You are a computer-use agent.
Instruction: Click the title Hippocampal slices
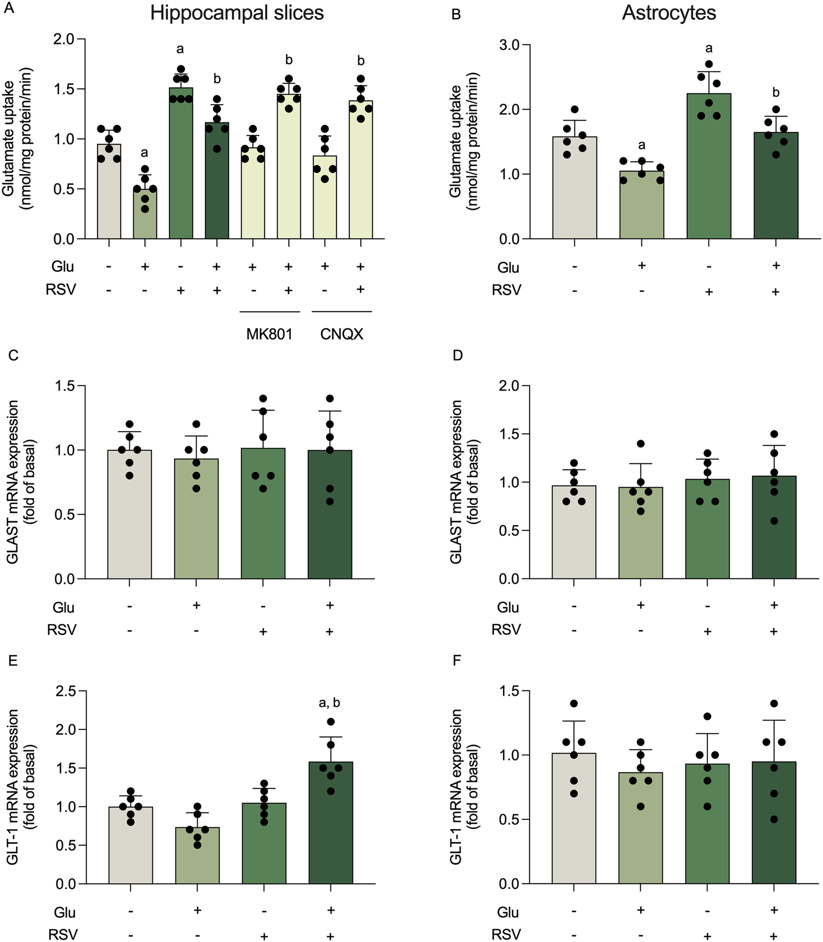pyautogui.click(x=236, y=13)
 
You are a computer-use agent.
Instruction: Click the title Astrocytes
pyautogui.click(x=669, y=13)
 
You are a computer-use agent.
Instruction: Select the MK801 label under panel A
pyautogui.click(x=269, y=334)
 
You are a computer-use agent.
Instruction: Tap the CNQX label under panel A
pyautogui.click(x=342, y=334)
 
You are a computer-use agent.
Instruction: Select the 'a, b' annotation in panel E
pyautogui.click(x=329, y=702)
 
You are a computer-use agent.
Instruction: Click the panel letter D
pyautogui.click(x=458, y=356)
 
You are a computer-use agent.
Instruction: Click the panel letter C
pyautogui.click(x=13, y=356)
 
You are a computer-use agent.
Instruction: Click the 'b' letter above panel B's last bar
pyautogui.click(x=776, y=93)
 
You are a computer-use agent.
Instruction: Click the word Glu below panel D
pyautogui.click(x=508, y=607)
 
